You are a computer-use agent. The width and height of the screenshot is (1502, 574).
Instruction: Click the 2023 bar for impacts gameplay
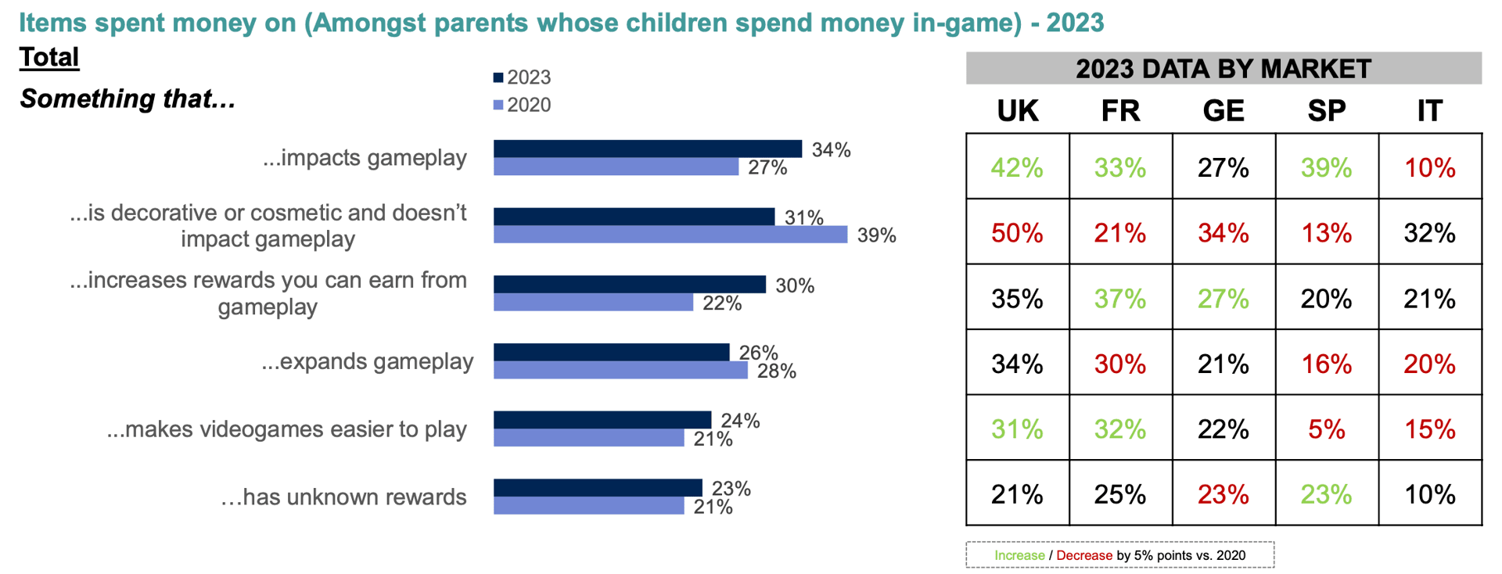pos(647,149)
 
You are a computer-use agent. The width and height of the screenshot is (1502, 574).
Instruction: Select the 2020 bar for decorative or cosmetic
pos(670,235)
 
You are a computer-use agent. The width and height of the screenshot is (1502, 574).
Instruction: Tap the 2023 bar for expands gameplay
pos(611,352)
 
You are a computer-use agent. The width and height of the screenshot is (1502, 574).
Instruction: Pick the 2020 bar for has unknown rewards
pos(588,506)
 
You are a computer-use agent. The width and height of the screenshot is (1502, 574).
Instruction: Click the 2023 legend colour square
pos(498,77)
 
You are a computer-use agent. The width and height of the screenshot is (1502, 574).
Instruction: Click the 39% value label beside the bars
pos(876,235)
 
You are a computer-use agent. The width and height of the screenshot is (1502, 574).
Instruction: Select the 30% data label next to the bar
pos(795,285)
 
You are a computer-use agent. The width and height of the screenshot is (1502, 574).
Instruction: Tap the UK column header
pos(1017,111)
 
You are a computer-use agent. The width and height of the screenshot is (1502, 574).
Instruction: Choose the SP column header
pos(1326,111)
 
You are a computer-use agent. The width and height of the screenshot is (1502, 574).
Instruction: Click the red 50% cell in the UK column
pos(1017,233)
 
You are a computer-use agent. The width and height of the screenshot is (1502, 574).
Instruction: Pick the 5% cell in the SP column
pos(1326,429)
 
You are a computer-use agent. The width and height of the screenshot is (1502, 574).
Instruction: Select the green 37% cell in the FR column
pos(1120,299)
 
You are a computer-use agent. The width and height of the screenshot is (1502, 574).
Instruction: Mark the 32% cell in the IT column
pos(1429,233)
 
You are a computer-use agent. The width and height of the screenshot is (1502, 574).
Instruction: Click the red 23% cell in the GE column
pos(1223,494)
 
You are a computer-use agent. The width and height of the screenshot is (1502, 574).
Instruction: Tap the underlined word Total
pos(49,57)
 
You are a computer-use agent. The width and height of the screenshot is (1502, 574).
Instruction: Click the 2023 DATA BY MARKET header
pos(1223,69)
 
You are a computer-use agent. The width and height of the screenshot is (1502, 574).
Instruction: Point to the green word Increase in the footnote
pos(1019,555)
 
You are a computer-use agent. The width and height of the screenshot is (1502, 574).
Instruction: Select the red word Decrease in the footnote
pos(1083,555)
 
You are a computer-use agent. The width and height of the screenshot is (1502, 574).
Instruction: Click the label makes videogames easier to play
pos(286,429)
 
